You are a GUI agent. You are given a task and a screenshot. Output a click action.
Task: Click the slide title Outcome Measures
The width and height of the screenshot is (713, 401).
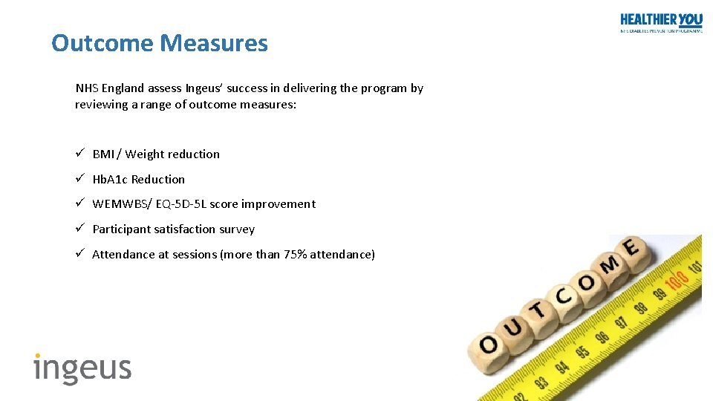pyautogui.click(x=159, y=43)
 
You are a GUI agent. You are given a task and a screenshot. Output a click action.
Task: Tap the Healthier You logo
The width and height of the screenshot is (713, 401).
pyautogui.click(x=660, y=22)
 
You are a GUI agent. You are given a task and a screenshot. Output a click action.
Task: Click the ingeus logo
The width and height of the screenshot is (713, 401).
pyautogui.click(x=82, y=368)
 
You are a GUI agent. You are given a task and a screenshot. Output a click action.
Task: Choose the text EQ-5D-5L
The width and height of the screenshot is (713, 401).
pyautogui.click(x=181, y=204)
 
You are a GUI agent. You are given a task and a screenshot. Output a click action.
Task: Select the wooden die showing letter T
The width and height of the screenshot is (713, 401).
pyautogui.click(x=537, y=311)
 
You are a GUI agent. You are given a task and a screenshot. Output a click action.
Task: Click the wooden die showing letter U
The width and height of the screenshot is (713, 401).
pyautogui.click(x=513, y=327)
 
